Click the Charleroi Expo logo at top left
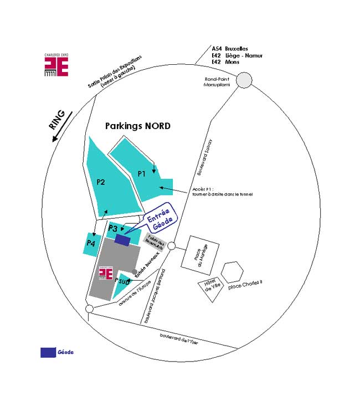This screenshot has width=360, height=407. tap(56, 65)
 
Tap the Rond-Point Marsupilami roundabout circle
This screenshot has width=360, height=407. tap(244, 81)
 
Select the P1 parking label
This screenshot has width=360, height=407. tap(141, 174)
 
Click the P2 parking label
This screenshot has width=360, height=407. tap(101, 181)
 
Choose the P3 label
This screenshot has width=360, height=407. tap(112, 228)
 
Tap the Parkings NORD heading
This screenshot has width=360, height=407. tap(138, 126)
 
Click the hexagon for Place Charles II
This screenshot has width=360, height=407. tap(232, 272)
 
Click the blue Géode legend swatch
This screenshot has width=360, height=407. tap(48, 352)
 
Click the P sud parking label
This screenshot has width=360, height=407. tap(122, 280)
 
